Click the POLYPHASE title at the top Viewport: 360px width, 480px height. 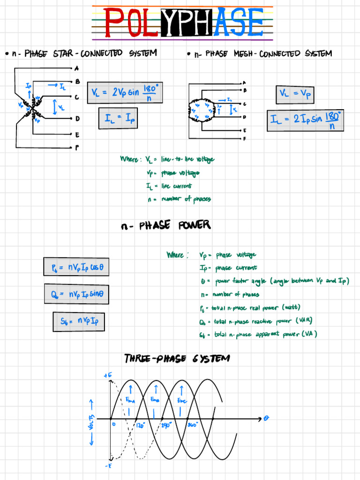click(183, 22)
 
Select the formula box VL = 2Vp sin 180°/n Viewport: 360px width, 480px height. click(125, 92)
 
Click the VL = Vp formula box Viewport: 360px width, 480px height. click(295, 94)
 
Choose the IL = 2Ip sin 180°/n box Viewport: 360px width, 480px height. click(305, 120)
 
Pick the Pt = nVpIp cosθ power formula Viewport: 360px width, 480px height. click(76, 267)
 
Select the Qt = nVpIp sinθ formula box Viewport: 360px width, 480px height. click(76, 294)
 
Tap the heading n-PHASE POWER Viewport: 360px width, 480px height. click(165, 226)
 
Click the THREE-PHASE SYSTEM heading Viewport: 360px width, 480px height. click(177, 359)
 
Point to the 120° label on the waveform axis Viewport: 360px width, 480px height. click(140, 426)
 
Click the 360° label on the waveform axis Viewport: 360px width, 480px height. click(193, 425)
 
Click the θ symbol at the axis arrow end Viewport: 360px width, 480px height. click(266, 418)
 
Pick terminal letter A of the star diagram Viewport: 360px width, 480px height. click(77, 67)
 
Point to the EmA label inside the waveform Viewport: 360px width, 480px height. click(129, 399)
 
